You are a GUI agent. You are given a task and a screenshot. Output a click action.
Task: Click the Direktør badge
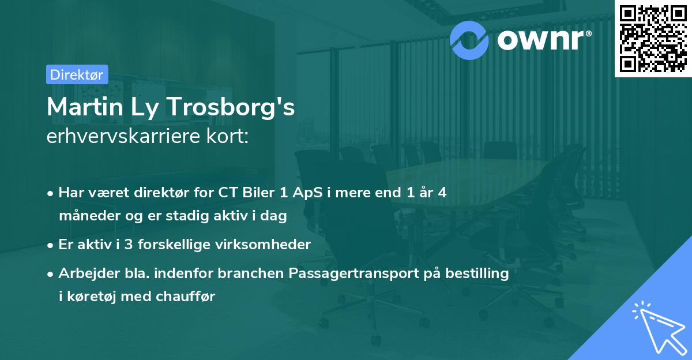tap(77, 74)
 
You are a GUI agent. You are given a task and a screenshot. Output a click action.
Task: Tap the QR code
tap(653, 39)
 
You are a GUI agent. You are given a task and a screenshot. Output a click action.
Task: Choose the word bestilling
tap(474, 273)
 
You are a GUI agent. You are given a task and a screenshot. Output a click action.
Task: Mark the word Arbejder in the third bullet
tap(85, 273)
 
